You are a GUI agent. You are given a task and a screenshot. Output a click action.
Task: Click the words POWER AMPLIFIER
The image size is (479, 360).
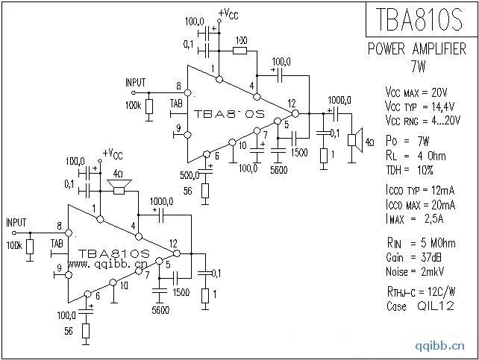pos(418,49)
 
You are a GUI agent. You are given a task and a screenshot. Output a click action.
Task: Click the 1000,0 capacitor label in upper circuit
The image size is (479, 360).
pos(339,100)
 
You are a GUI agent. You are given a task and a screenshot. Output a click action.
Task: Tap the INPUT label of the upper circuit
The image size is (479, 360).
pos(136,82)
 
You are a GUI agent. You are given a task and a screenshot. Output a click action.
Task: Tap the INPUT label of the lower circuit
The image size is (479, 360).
pos(16,222)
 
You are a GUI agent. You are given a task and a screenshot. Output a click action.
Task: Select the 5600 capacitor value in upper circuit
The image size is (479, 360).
pos(280,169)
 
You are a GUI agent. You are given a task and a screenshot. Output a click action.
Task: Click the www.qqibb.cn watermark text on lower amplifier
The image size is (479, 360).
pos(110,264)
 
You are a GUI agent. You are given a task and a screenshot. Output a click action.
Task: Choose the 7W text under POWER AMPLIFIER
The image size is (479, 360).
pos(418,65)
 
